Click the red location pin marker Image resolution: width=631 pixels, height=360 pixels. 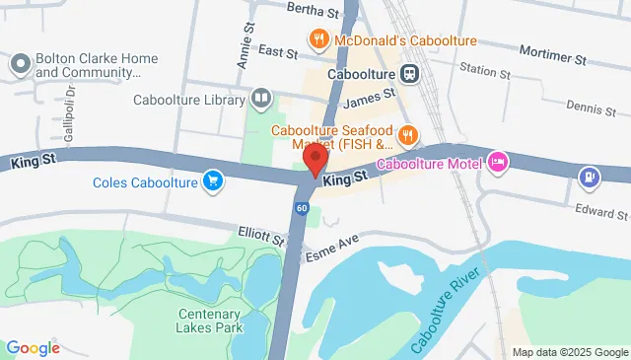pos(315,160)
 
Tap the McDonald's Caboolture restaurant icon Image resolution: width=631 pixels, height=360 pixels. pos(318,40)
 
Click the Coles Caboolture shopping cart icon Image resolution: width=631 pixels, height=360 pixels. pos(212,180)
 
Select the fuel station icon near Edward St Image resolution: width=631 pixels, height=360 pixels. pos(588,177)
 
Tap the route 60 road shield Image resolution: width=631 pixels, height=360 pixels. pos(301,208)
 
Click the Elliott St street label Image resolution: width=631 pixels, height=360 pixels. pos(261,235)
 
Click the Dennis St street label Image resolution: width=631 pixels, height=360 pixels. pos(590,107)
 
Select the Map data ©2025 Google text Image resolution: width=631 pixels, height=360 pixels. pos(569,352)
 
